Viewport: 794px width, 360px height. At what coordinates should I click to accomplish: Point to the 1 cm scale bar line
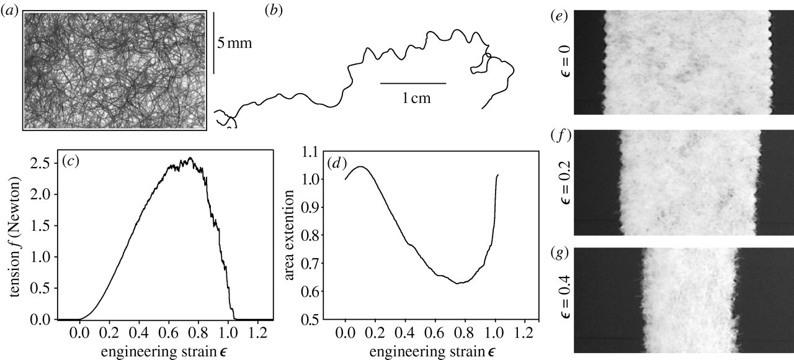coord(413,83)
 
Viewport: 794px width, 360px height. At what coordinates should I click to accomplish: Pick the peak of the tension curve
coord(190,158)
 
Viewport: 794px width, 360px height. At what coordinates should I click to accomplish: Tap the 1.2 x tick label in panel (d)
coord(525,333)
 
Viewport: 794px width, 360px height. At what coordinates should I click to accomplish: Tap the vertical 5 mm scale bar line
coord(213,43)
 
